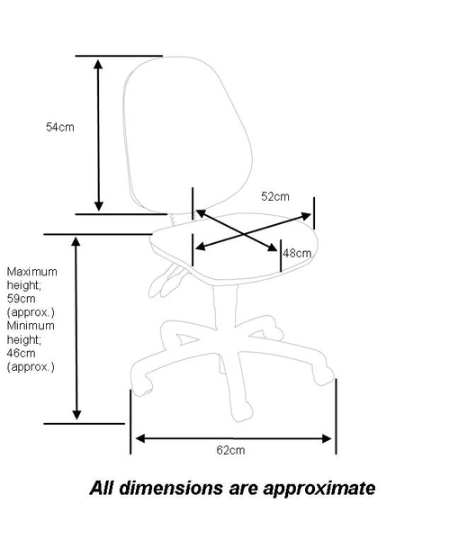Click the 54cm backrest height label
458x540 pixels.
pos(60,127)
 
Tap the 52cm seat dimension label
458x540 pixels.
pos(275,196)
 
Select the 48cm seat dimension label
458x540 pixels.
pos(297,254)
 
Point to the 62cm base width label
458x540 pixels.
pos(230,450)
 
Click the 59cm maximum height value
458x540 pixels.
pos(21,299)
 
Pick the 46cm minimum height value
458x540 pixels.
pos(21,354)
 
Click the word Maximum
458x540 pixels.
pos(32,272)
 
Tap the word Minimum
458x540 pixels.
pos(31,326)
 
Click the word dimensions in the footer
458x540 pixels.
pos(171,488)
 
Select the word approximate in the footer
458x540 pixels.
pos(319,489)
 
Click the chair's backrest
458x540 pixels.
pos(188,135)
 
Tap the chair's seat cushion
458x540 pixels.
pos(234,248)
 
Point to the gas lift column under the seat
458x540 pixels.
pos(226,307)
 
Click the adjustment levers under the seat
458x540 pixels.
pos(167,280)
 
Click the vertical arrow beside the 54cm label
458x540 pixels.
pos(98,135)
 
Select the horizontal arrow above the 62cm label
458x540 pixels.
pos(233,438)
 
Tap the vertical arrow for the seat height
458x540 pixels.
pos(76,328)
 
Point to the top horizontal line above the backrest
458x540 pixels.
pos(119,56)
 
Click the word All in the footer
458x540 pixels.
pos(102,488)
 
